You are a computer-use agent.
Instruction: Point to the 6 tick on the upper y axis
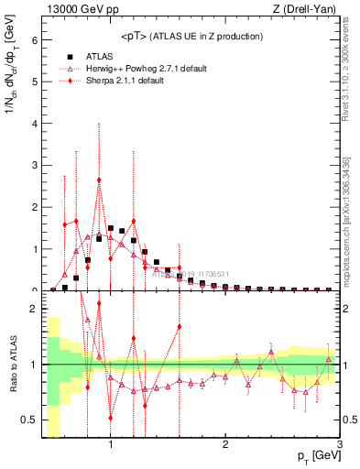(36, 39)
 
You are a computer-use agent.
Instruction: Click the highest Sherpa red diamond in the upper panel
(99, 180)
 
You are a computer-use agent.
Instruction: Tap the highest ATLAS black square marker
(110, 228)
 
